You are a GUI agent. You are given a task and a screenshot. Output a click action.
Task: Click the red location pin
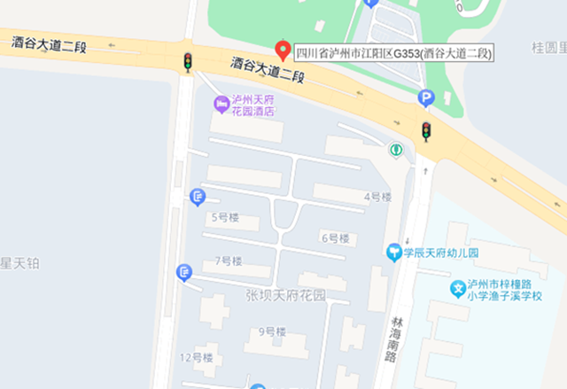283,50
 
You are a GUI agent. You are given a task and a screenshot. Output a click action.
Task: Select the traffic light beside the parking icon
426,131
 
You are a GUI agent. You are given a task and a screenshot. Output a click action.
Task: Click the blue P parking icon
426,99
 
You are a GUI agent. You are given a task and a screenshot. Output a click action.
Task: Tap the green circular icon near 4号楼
395,150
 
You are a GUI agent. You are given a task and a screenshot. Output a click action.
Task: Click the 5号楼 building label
226,217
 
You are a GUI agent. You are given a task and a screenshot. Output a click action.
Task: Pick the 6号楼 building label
334,238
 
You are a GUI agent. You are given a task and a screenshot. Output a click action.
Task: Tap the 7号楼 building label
229,261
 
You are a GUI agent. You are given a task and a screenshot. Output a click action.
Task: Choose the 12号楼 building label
197,357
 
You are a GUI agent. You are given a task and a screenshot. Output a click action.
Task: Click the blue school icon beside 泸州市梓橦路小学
457,289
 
